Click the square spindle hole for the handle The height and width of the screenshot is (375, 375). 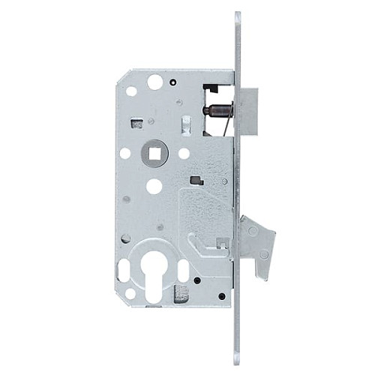(x=155, y=154)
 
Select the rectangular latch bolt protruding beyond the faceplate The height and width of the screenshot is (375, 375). (x=248, y=111)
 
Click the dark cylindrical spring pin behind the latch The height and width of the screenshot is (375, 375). (x=217, y=112)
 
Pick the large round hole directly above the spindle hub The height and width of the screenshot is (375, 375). (x=155, y=82)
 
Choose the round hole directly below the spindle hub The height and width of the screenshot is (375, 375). (x=154, y=186)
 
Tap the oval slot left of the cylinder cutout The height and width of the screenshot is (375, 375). (x=124, y=270)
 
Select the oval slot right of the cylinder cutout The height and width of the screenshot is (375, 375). (x=183, y=270)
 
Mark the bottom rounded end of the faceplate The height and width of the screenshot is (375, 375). (x=238, y=358)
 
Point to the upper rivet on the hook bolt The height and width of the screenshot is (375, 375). (x=253, y=231)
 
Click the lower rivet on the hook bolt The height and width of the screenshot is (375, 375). (x=263, y=254)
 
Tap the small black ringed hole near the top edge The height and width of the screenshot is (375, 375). (x=173, y=82)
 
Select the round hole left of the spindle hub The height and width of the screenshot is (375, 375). (x=125, y=154)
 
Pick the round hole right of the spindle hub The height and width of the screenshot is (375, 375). (x=184, y=154)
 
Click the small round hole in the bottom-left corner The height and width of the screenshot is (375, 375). (x=130, y=293)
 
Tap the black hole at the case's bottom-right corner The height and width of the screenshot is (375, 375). (x=222, y=295)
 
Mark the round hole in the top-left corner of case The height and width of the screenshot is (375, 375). (x=132, y=91)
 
